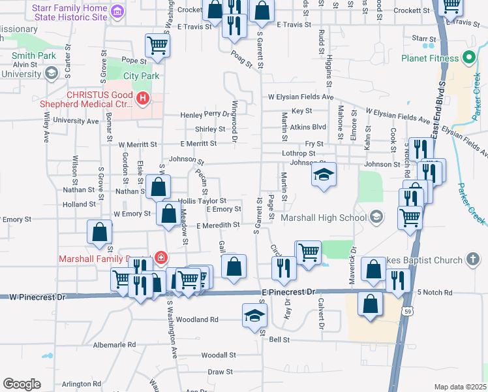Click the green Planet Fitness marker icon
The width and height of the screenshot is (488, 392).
[x=468, y=58]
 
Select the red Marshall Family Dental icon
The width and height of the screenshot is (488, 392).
[x=160, y=259]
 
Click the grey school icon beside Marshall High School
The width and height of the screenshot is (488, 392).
[x=376, y=217]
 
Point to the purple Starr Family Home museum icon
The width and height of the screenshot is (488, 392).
[x=117, y=11]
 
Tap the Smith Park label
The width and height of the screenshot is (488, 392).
[x=33, y=56]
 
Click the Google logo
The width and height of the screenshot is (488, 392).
[x=22, y=384]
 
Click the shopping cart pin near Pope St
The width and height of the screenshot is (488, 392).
[x=157, y=45]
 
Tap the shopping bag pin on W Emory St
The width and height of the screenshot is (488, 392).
[x=168, y=214]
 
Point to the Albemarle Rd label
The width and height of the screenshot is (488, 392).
[x=114, y=344]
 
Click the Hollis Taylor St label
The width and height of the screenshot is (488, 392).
[x=202, y=201]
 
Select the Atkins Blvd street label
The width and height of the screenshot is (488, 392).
[x=308, y=127]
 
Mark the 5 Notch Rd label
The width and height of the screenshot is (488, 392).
[x=435, y=292]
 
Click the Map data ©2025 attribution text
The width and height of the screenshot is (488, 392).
[x=460, y=387]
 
